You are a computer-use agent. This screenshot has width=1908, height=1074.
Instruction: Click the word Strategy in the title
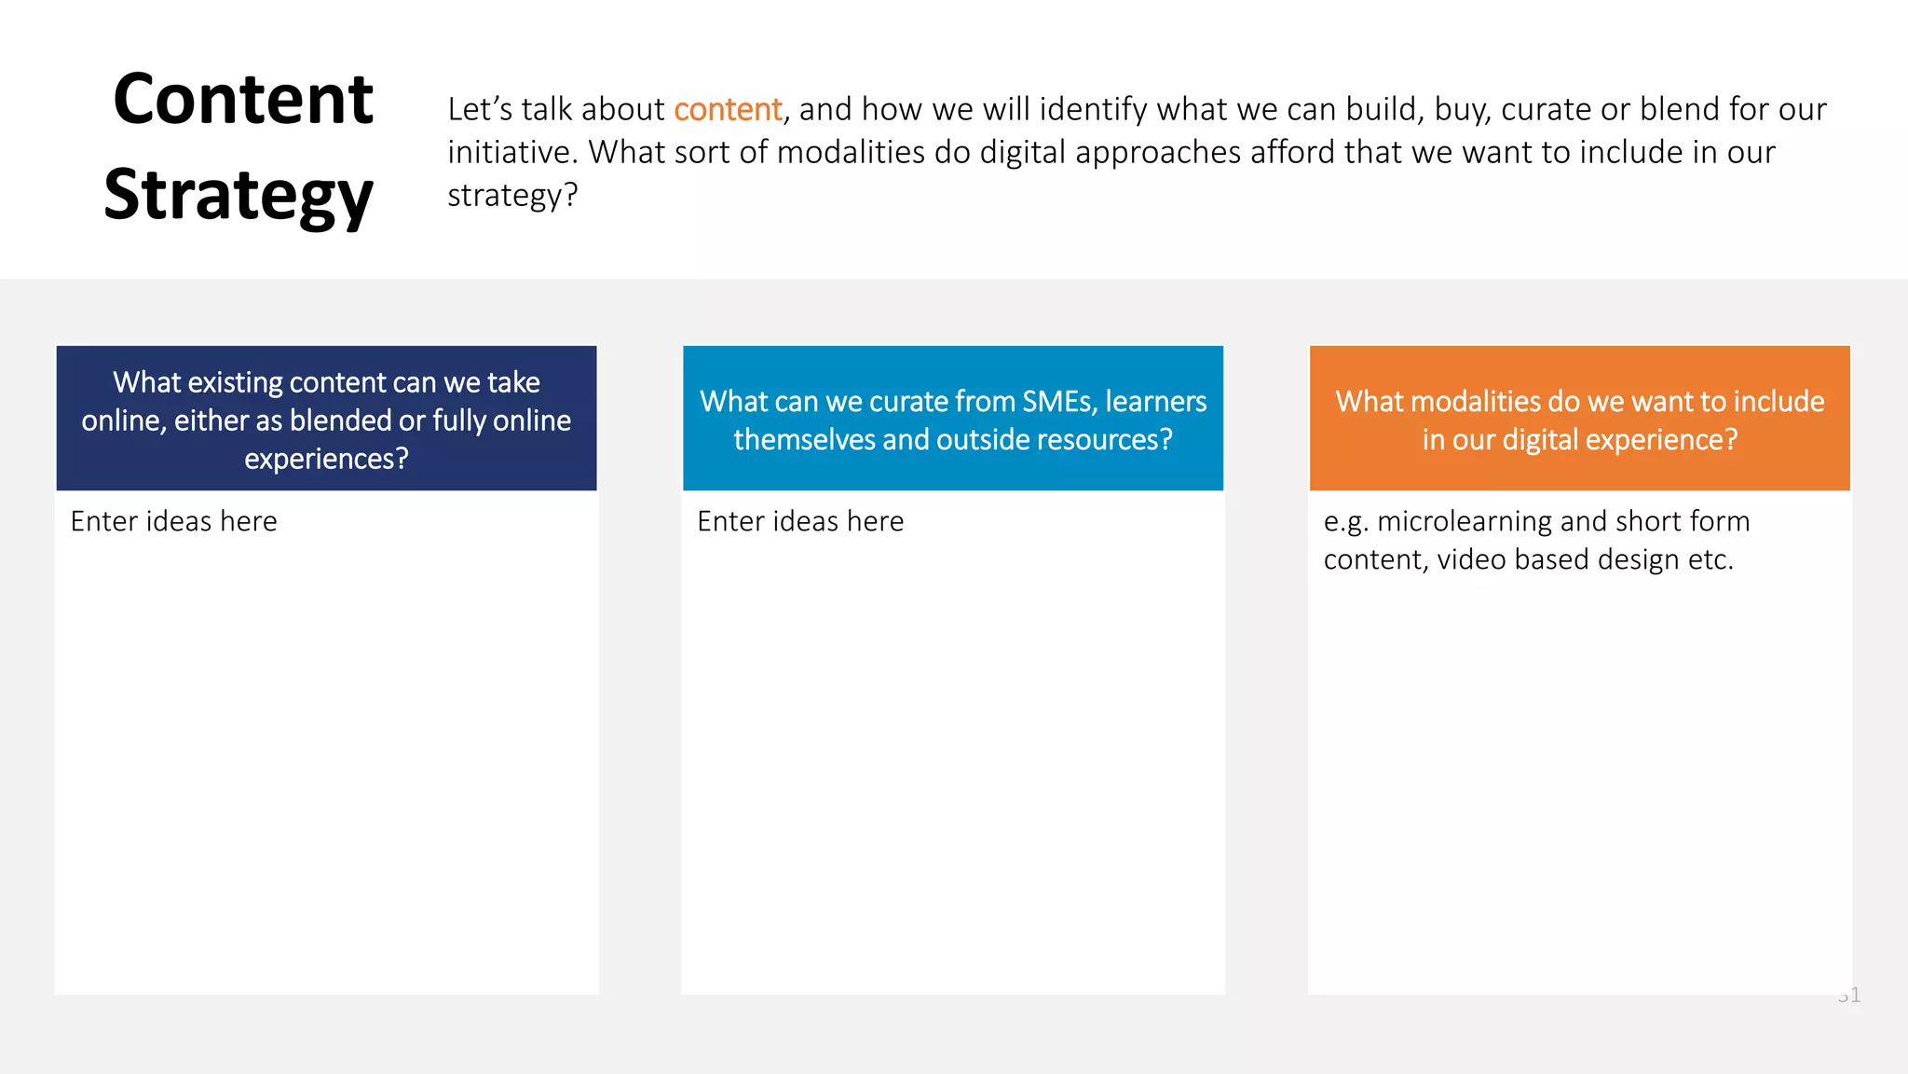(238, 195)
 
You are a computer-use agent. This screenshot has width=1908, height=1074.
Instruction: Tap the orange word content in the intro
(728, 109)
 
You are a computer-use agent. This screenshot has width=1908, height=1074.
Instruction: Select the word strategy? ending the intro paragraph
(512, 195)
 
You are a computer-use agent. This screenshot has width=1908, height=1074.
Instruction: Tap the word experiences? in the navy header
(326, 459)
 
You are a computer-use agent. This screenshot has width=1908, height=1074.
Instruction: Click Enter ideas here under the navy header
(174, 521)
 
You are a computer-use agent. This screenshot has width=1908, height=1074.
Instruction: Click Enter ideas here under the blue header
(800, 521)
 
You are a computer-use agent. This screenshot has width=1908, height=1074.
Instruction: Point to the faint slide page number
(1849, 996)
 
